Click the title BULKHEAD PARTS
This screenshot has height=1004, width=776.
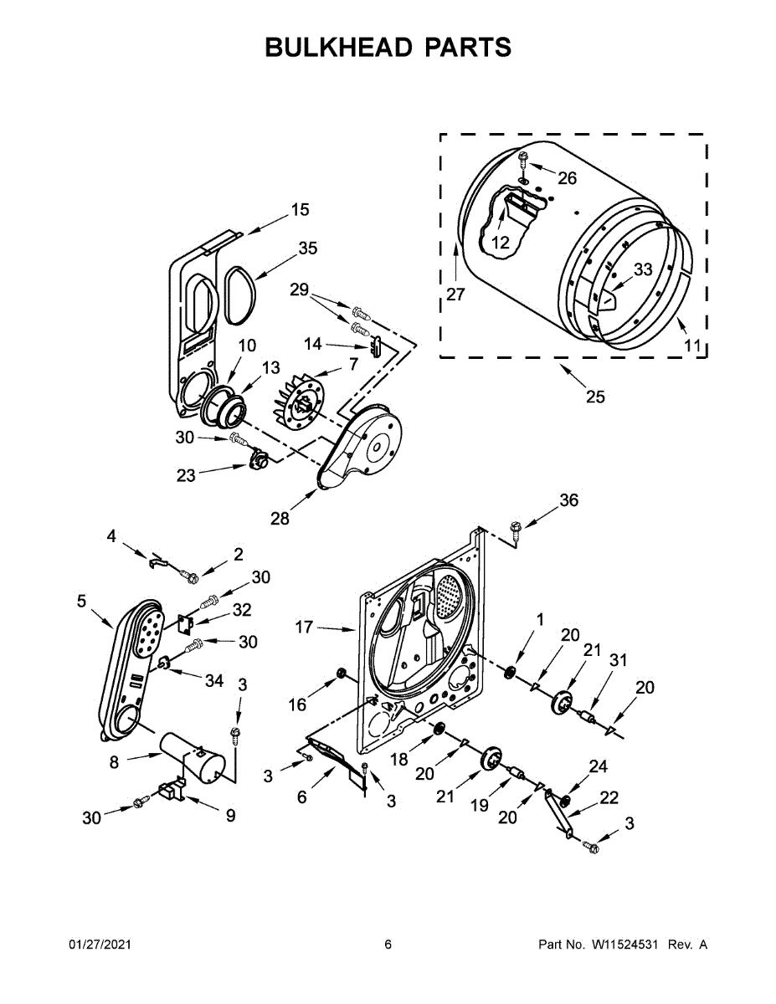pos(388,48)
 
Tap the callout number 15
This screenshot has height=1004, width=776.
pos(300,210)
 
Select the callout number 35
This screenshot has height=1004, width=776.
pos(307,248)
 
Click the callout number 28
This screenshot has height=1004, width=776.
pos(279,519)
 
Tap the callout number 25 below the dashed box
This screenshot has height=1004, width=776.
pos(595,397)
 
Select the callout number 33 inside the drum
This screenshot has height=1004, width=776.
pos(642,269)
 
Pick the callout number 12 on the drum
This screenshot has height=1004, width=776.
pos(500,243)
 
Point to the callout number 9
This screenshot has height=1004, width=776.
pos(230,814)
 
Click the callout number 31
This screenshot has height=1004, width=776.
pos(618,660)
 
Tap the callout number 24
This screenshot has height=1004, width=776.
pos(598,766)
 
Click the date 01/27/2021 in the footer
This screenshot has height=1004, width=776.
pos(100,945)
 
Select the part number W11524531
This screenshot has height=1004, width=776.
pos(627,945)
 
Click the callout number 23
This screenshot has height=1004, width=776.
pos(186,475)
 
